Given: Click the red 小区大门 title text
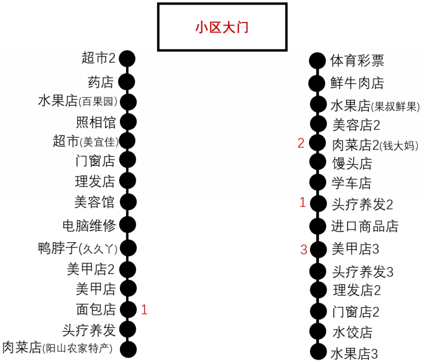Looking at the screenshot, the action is [x=222, y=28].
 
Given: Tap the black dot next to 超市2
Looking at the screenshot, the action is [x=127, y=59].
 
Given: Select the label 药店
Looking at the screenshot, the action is [x=101, y=82].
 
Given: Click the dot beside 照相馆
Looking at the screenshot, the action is [x=128, y=122].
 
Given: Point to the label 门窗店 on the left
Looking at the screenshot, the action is [x=95, y=161].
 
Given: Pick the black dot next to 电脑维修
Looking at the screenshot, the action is [x=128, y=225].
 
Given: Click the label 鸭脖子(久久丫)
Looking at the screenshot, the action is [x=78, y=248].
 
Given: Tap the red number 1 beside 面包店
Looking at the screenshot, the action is [x=144, y=310].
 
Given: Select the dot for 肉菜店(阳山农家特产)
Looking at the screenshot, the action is [x=128, y=349].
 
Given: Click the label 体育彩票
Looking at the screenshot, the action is [x=357, y=61].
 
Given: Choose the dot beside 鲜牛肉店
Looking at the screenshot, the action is [x=317, y=83].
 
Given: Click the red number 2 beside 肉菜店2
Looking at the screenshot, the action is [x=301, y=143].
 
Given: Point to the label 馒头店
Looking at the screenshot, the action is [x=352, y=163].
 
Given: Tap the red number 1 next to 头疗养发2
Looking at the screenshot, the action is [x=303, y=202].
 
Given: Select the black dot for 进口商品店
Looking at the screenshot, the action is [x=318, y=226].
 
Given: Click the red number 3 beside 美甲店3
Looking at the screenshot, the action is [x=304, y=250].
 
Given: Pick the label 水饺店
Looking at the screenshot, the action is [x=353, y=332].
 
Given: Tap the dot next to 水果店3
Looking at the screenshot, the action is [x=318, y=352].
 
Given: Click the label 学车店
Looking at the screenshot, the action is [x=352, y=183].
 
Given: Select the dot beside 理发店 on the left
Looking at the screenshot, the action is [x=128, y=181].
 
